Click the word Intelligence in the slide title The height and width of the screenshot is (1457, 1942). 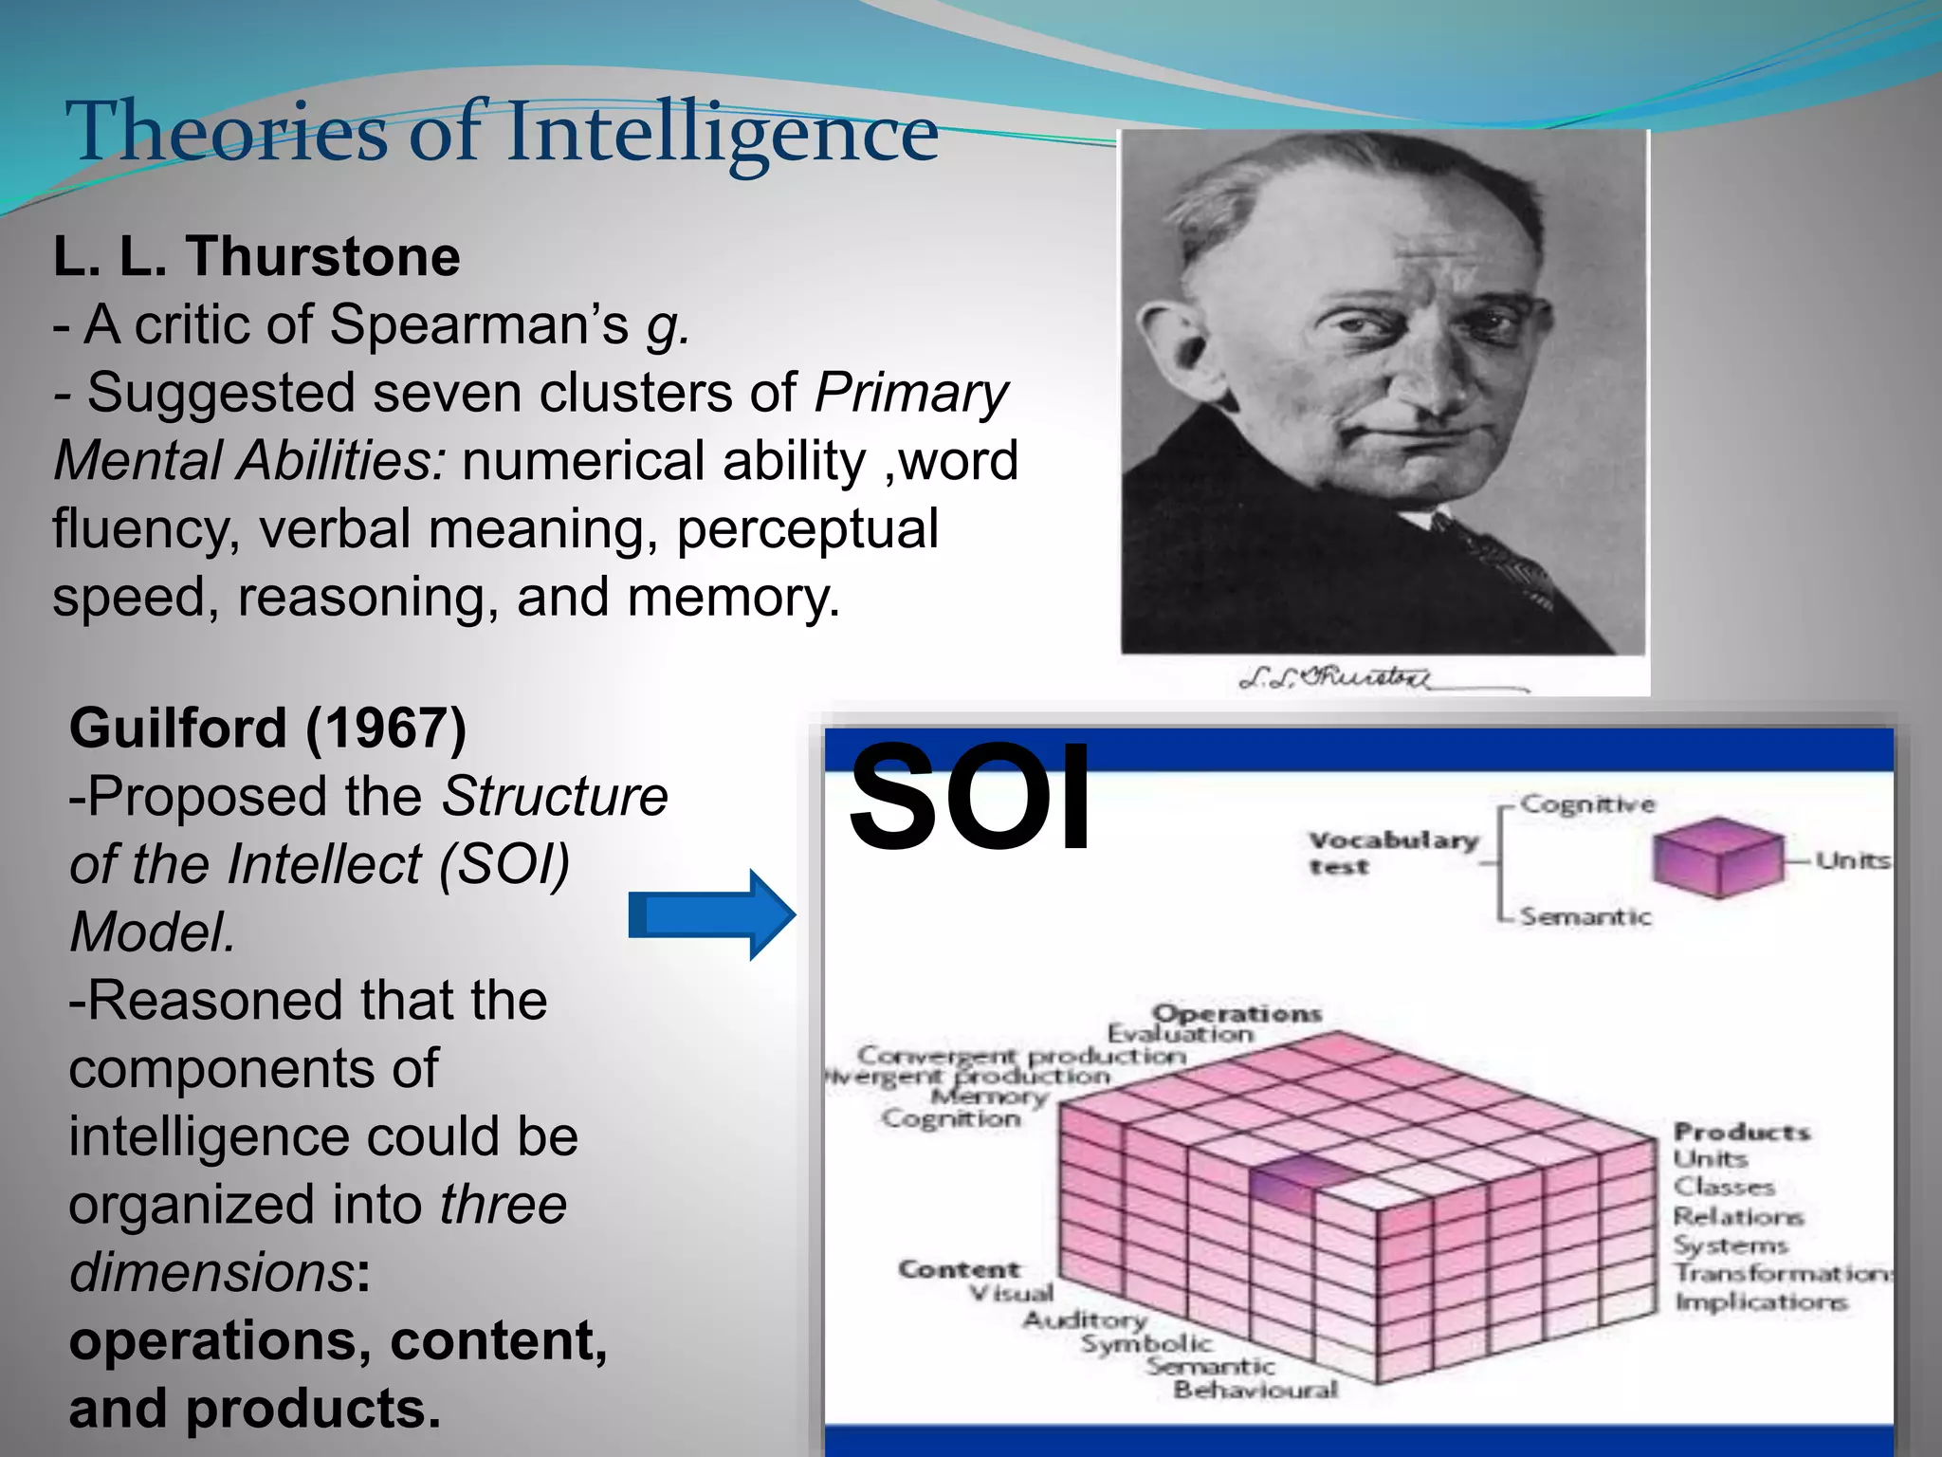[723, 133]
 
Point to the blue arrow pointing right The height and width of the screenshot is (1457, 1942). [711, 915]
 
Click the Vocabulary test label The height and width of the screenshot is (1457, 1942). [1392, 852]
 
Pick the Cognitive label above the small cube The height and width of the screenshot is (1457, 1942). [1587, 804]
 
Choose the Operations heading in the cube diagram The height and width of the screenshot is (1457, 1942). [1237, 1012]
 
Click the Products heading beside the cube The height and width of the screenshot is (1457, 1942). [1741, 1132]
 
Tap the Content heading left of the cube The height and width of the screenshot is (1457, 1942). [959, 1268]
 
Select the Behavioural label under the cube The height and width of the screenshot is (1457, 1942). [1255, 1390]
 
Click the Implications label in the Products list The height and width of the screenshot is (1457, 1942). [1761, 1301]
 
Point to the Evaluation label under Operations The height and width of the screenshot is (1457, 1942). [1181, 1033]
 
